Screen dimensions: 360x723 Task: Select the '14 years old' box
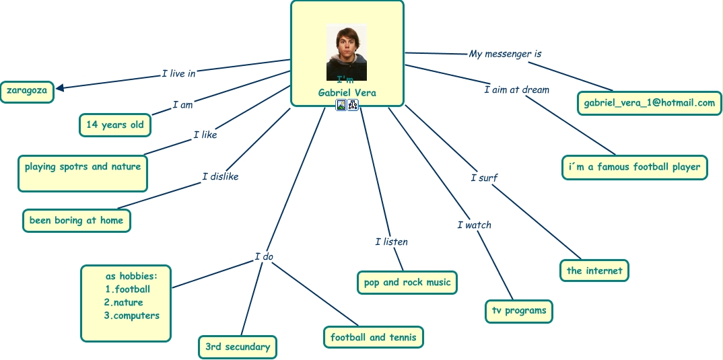(x=115, y=124)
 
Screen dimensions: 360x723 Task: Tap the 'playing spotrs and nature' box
(x=83, y=167)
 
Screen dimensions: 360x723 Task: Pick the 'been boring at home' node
(x=76, y=220)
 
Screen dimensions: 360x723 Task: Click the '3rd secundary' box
(x=238, y=347)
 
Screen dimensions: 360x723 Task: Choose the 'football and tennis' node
(x=374, y=337)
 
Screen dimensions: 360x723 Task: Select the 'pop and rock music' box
(x=407, y=283)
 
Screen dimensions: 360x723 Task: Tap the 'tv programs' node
(x=519, y=311)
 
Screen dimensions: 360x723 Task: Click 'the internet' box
(x=594, y=271)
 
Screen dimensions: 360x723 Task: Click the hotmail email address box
(x=650, y=103)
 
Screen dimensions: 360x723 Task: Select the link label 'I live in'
(x=178, y=73)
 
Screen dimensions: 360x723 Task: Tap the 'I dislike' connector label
(x=220, y=176)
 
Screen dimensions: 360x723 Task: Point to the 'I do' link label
(x=264, y=256)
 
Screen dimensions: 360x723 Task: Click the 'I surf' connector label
(x=484, y=178)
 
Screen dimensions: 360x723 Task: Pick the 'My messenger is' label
(x=506, y=54)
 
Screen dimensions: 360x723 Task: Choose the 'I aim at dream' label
(x=516, y=89)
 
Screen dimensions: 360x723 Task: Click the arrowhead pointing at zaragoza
(x=61, y=87)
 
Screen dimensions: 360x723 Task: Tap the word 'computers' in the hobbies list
(x=136, y=315)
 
